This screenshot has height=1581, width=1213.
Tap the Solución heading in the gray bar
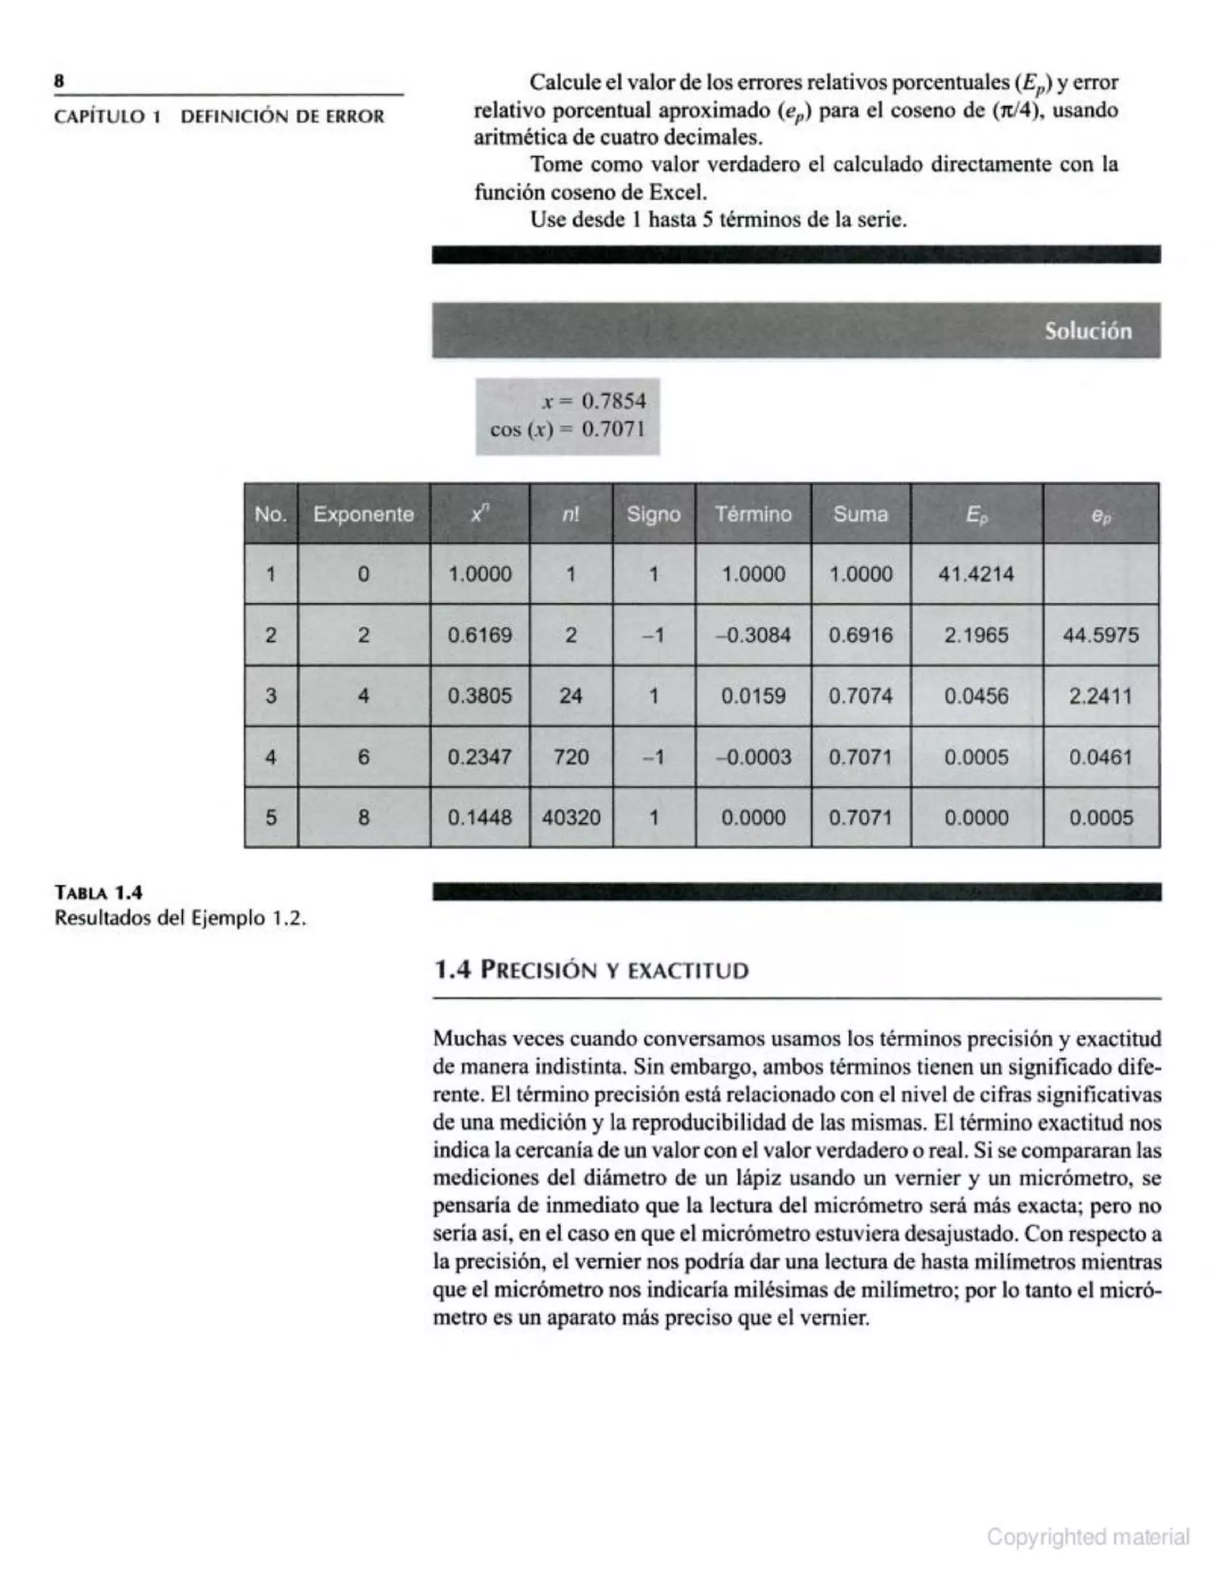point(1087,332)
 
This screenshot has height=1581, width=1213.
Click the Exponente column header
point(363,514)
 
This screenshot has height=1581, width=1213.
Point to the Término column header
point(753,514)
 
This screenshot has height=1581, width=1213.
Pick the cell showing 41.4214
point(975,574)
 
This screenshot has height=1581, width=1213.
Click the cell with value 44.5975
point(1100,635)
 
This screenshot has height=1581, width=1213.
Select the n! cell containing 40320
point(570,817)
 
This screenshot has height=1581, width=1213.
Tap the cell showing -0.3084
point(752,635)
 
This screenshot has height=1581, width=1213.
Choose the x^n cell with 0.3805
point(479,696)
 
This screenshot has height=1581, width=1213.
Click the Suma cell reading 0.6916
point(860,635)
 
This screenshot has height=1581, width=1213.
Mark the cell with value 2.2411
point(1100,696)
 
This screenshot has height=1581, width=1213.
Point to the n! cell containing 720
point(570,757)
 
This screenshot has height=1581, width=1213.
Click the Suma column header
point(860,514)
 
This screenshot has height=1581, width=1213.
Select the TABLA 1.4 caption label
point(99,892)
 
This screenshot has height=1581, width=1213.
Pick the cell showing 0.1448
point(479,817)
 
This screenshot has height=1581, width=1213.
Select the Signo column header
point(653,514)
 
